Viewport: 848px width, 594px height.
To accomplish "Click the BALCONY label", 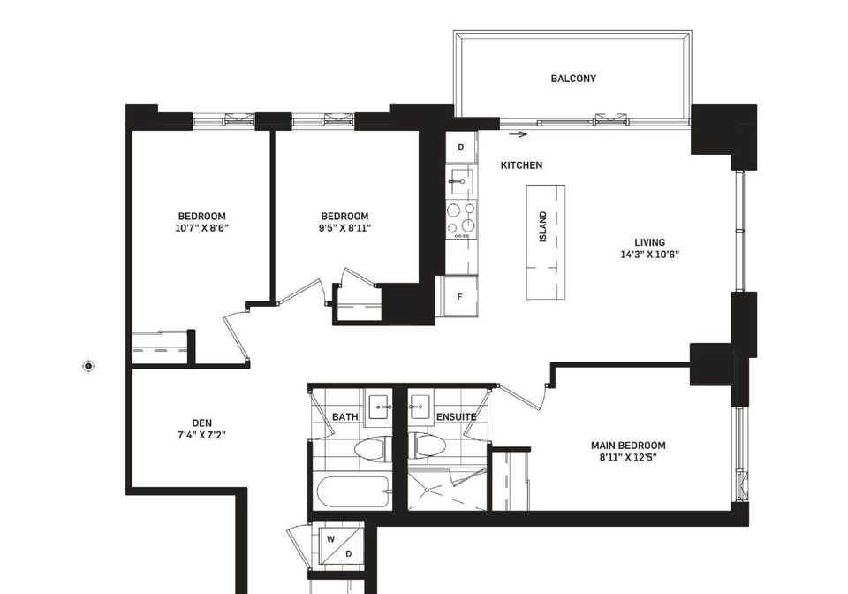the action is click(573, 79).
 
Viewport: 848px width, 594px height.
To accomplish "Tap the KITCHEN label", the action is click(521, 165).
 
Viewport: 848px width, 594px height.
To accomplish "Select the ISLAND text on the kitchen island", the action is click(543, 226).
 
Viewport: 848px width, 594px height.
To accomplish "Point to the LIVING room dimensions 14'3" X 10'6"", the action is click(649, 255).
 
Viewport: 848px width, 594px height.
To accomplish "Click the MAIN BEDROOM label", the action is click(628, 445).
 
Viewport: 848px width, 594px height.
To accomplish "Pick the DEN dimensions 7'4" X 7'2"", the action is click(201, 434).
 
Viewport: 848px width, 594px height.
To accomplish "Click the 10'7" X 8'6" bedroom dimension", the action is click(201, 228).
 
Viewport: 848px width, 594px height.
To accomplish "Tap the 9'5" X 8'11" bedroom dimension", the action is click(344, 228).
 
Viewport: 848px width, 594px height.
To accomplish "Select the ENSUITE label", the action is click(456, 416).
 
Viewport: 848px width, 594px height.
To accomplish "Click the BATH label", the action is click(344, 416).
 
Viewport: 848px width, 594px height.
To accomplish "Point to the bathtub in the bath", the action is click(352, 491).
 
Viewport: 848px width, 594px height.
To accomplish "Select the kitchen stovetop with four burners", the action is click(461, 219).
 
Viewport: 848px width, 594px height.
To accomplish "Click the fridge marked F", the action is click(459, 296).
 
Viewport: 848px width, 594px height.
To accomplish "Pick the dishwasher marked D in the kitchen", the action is click(461, 147).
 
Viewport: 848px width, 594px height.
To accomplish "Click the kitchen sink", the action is click(460, 180).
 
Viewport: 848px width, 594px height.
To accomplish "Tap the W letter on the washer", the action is click(331, 539).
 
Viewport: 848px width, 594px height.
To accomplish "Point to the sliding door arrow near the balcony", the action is click(519, 134).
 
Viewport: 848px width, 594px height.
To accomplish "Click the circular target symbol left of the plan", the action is click(88, 366).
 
